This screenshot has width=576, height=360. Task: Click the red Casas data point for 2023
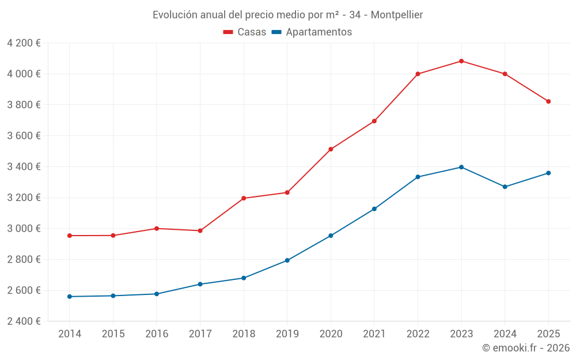[x=461, y=61]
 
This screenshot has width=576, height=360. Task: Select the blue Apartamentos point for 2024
[x=505, y=187]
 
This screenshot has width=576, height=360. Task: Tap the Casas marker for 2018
[x=244, y=198]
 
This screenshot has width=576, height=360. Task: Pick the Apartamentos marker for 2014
[x=70, y=297]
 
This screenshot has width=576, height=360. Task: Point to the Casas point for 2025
[x=548, y=101]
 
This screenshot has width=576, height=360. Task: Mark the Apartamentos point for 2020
[x=331, y=236]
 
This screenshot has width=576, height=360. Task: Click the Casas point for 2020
[x=331, y=149]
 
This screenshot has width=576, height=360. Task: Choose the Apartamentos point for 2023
[x=461, y=167]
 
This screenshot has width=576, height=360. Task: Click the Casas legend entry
[x=245, y=32]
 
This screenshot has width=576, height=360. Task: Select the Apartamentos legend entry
[x=312, y=32]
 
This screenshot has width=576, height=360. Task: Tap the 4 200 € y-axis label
[x=24, y=43]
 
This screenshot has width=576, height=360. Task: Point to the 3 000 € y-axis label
[x=24, y=229]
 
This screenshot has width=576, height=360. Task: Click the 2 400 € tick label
[x=24, y=321]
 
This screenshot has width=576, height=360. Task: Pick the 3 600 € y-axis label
[x=24, y=136]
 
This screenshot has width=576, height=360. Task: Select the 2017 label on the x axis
[x=200, y=334]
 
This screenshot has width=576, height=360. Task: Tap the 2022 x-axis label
[x=418, y=334]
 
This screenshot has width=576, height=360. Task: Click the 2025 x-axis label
[x=548, y=334]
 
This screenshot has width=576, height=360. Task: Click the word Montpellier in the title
[x=397, y=15]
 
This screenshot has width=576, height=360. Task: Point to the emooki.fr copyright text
[x=526, y=348]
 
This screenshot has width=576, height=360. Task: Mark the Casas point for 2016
[x=157, y=229]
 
